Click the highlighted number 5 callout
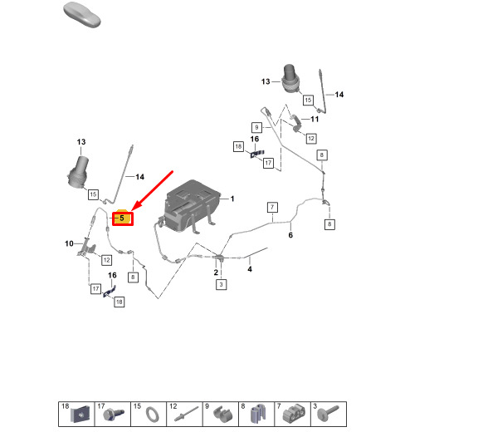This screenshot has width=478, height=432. coord(123,218)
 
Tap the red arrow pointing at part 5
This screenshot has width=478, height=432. coord(153,191)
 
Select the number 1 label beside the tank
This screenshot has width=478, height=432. coord(232,199)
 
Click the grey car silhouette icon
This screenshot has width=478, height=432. coord(82,15)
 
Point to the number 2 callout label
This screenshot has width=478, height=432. coord(216,272)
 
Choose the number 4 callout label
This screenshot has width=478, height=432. coord(250,269)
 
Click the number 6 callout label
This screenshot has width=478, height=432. coord(290,235)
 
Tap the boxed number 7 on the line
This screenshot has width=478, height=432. coord(272,208)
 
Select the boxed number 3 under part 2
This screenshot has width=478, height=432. coord(221,285)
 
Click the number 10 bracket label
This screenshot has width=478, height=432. coord(69,243)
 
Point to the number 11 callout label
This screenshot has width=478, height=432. coord(315,119)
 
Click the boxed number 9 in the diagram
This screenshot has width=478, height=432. coord(256,127)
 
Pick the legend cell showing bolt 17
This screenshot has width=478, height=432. coord(113,414)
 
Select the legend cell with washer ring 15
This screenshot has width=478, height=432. coord(149,414)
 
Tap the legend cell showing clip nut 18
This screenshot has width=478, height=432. coord(76,414)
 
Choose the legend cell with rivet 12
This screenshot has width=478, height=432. coord(184,414)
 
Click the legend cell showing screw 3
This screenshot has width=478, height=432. coord(329,414)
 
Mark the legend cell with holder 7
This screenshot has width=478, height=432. coord(292,414)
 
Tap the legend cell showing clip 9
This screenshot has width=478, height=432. coord(221,414)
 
